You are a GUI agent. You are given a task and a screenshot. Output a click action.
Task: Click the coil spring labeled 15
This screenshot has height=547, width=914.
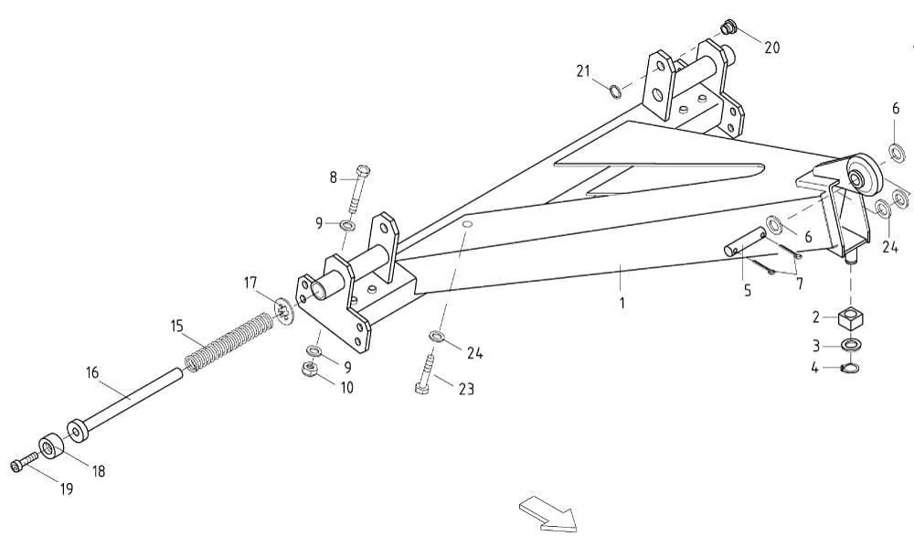pos(228,342)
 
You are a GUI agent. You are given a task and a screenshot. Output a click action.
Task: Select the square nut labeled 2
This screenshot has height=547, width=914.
pos(850,318)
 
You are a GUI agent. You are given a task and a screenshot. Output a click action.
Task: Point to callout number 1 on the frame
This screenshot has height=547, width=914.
pos(622,303)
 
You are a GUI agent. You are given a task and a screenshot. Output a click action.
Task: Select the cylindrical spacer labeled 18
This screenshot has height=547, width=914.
pos(52,446)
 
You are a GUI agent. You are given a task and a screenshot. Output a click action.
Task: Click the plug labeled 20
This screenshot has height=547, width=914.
pos(727,27)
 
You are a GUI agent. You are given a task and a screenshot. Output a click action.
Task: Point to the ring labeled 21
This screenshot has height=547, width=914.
pos(615,91)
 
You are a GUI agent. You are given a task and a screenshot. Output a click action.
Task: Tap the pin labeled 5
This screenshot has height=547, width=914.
pos(745,241)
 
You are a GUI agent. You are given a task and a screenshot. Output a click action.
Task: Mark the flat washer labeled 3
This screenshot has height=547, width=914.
pos(850,346)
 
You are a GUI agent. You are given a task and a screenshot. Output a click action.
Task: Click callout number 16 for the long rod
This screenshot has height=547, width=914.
pos(92,372)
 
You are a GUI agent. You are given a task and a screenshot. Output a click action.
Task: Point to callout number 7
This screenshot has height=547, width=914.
pos(800,284)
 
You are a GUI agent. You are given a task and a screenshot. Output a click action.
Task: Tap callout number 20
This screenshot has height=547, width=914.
pos(771,48)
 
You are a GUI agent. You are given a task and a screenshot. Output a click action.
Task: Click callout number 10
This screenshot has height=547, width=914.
pos(346,387)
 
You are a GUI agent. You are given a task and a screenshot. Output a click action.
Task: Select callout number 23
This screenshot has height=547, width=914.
pos(466,389)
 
